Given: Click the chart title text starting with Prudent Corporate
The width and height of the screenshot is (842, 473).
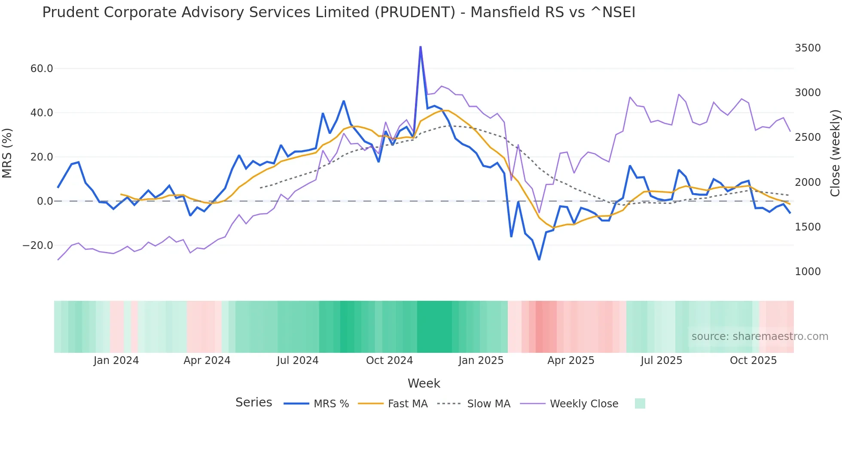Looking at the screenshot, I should (339, 12).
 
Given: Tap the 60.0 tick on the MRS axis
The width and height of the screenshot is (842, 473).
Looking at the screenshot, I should (42, 69).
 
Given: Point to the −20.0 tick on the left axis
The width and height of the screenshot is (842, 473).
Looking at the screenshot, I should (38, 246).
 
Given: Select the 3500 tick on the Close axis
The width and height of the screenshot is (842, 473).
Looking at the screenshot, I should (807, 48).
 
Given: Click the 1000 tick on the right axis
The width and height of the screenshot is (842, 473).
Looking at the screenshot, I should (807, 272).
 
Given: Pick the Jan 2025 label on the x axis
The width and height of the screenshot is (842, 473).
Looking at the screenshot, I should (481, 361).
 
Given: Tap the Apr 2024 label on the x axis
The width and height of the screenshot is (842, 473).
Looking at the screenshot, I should (207, 361).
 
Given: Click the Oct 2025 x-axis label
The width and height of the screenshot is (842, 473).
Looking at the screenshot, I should (753, 361).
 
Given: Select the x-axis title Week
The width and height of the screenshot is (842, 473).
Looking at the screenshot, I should (424, 383).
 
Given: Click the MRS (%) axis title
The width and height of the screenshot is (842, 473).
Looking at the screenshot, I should (7, 153).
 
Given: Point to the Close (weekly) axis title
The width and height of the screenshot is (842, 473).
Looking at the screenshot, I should (835, 153).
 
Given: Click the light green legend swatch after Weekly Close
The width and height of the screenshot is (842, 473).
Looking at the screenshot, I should (640, 403).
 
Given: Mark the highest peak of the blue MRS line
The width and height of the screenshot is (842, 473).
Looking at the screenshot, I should (420, 47).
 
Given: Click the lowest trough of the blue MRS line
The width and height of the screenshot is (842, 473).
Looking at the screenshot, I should (539, 259).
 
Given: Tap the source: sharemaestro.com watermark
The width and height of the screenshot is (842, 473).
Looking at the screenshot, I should (760, 337).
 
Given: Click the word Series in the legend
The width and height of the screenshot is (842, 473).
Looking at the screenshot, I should (253, 403).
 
